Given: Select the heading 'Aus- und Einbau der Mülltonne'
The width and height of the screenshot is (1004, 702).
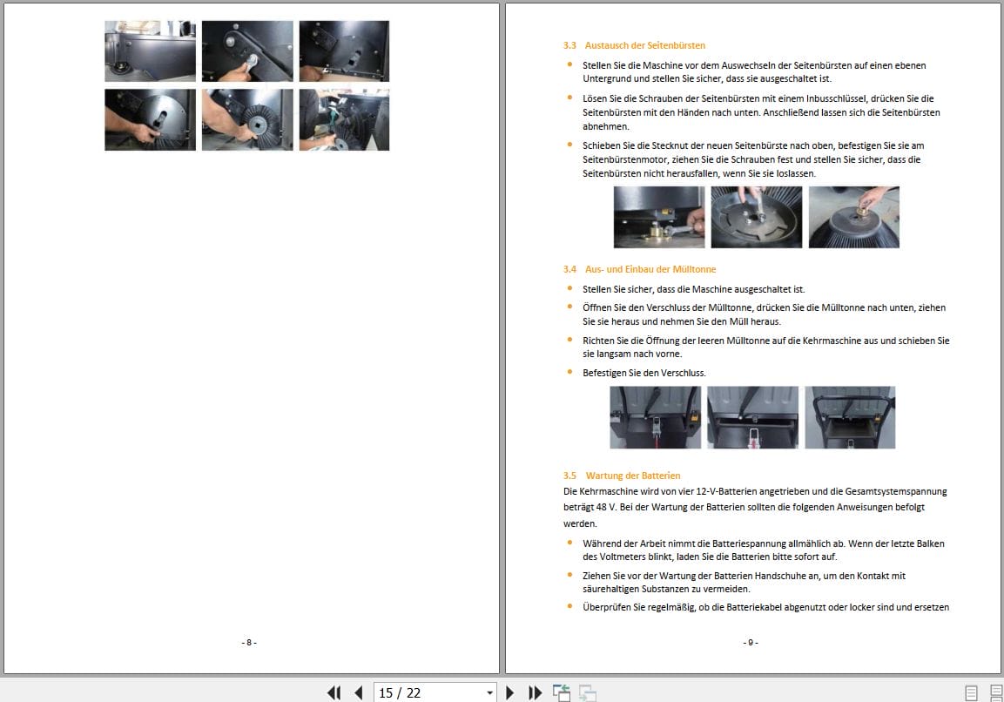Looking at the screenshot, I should [x=650, y=269].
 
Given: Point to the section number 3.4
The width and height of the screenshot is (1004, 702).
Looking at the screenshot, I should [x=569, y=269].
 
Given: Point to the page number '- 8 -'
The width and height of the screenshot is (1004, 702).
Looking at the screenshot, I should [x=249, y=643].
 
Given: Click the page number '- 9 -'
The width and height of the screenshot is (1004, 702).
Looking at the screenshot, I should [x=751, y=643].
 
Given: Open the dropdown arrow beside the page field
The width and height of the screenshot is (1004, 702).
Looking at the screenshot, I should [x=489, y=692].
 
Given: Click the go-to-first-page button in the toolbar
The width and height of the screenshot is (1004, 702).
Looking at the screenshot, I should [x=334, y=692].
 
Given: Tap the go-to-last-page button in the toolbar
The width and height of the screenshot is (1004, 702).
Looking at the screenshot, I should [x=536, y=692].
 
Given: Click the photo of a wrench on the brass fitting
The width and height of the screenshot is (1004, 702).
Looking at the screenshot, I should [x=658, y=217].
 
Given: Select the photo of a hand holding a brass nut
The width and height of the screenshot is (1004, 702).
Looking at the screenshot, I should [x=853, y=217].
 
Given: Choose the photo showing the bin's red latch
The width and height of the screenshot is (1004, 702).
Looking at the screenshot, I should [x=655, y=417].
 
